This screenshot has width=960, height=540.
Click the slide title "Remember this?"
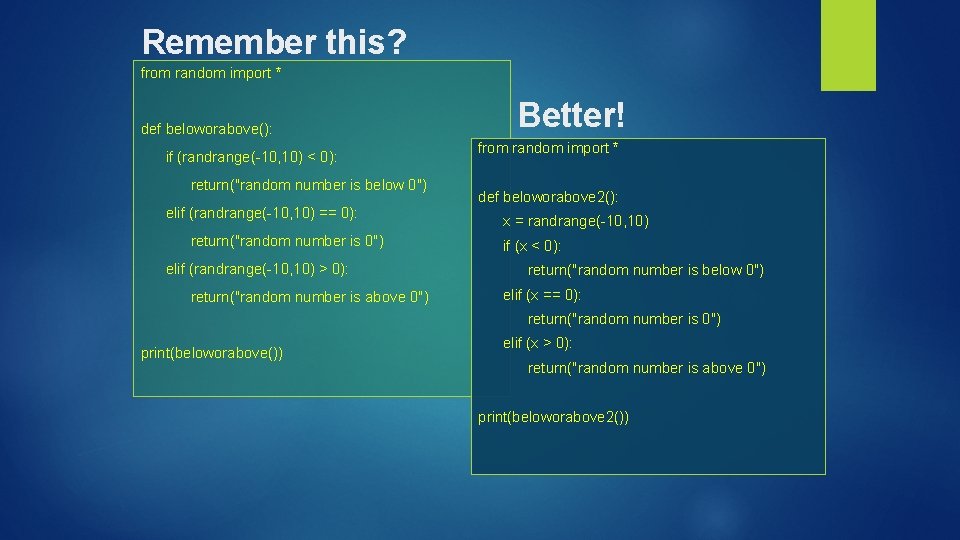tap(274, 42)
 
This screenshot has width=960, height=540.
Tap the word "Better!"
tap(572, 115)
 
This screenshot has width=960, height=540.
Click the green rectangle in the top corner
tap(848, 44)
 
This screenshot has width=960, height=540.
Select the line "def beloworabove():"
tap(206, 129)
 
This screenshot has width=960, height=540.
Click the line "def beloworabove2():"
tap(548, 197)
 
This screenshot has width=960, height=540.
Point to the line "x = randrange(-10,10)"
tap(576, 221)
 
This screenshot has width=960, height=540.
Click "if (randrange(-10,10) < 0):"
tap(251, 157)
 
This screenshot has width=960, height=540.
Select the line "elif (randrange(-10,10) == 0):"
tap(261, 213)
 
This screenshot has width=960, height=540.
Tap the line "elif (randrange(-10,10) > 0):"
tap(257, 269)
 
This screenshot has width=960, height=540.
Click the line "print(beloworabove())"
tap(212, 353)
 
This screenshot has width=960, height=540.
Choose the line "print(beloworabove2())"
tap(553, 417)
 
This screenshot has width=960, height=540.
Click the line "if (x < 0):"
tap(531, 246)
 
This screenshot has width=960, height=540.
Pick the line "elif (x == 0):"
tap(541, 295)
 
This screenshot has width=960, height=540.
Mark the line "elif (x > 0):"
tap(537, 343)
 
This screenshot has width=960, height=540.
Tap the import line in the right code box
tap(548, 148)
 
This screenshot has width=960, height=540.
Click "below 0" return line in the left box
tap(309, 185)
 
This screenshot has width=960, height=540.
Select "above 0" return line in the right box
tap(646, 368)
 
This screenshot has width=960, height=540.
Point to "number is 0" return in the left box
tap(287, 241)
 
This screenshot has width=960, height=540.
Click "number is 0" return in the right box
tap(624, 319)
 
